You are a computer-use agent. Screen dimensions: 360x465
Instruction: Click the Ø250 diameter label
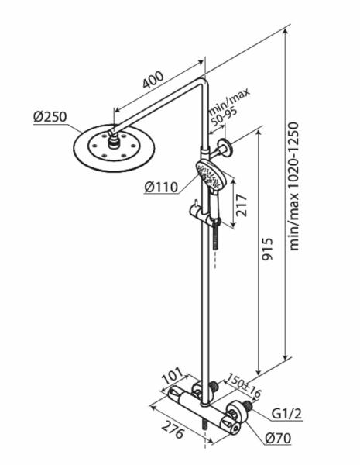pos(50,117)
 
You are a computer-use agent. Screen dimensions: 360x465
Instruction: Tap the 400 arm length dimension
pos(153,80)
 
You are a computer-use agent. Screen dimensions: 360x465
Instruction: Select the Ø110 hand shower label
pos(161,187)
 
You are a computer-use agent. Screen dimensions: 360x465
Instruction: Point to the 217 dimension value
pos(242,205)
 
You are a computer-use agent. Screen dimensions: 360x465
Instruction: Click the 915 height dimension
pos(266,249)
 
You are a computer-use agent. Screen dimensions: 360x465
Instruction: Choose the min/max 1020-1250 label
pos(293,186)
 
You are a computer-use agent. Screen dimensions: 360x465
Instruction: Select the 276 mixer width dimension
pos(173,429)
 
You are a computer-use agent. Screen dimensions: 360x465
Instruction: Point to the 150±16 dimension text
pos(245,385)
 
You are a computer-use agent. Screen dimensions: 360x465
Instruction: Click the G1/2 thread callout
pos(286,414)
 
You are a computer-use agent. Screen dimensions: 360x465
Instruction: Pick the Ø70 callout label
pos(278,438)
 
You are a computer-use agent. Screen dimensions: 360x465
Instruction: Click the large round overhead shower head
pos(114,148)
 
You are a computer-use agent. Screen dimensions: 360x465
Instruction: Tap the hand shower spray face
pos(211,174)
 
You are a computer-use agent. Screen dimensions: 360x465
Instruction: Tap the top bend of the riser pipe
pos(203,83)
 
